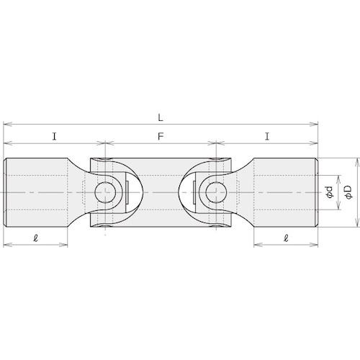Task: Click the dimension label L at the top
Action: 161,117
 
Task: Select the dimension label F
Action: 161,137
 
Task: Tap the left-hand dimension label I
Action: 55,137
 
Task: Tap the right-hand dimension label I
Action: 267,137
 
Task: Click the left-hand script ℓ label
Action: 36,238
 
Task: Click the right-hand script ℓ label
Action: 286,238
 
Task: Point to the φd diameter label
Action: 330,192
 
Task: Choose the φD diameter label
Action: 348,192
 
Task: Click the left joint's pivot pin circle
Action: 105,192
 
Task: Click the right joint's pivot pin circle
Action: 216,192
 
